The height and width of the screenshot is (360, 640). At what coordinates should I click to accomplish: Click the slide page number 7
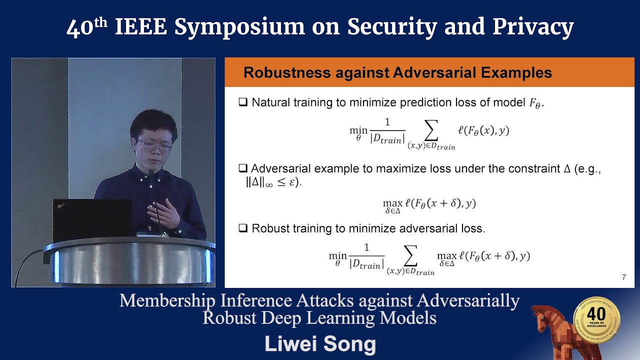click(623, 277)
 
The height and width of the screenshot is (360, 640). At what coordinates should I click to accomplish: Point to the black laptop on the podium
click(92, 220)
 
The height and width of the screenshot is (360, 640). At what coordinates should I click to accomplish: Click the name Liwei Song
click(320, 344)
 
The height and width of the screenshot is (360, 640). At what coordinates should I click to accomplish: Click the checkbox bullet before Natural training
click(243, 102)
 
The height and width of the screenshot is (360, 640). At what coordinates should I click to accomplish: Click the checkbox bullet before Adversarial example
click(243, 168)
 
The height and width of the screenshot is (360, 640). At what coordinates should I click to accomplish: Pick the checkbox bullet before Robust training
click(243, 228)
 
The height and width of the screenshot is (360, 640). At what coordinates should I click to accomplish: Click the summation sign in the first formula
click(430, 131)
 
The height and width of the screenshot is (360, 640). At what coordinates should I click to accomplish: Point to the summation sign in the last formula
click(410, 256)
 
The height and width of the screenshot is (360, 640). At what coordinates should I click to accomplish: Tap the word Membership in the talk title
click(163, 301)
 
